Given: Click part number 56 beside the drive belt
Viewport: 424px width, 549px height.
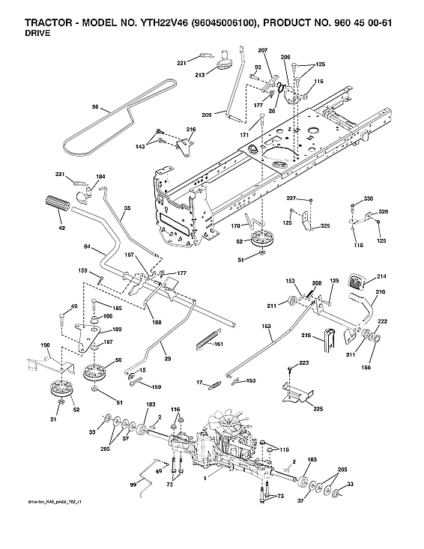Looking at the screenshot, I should click(94, 107).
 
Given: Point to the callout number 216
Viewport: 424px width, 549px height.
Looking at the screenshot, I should click(191, 130).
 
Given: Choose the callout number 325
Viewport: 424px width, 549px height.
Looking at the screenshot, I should click(325, 225).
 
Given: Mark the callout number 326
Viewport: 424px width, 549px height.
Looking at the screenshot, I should click(384, 213).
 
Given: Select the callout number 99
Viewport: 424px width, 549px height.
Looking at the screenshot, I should click(133, 486).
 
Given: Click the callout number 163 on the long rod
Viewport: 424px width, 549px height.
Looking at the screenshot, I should click(266, 327).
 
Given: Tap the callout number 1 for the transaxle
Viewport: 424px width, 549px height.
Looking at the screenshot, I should click(205, 478).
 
